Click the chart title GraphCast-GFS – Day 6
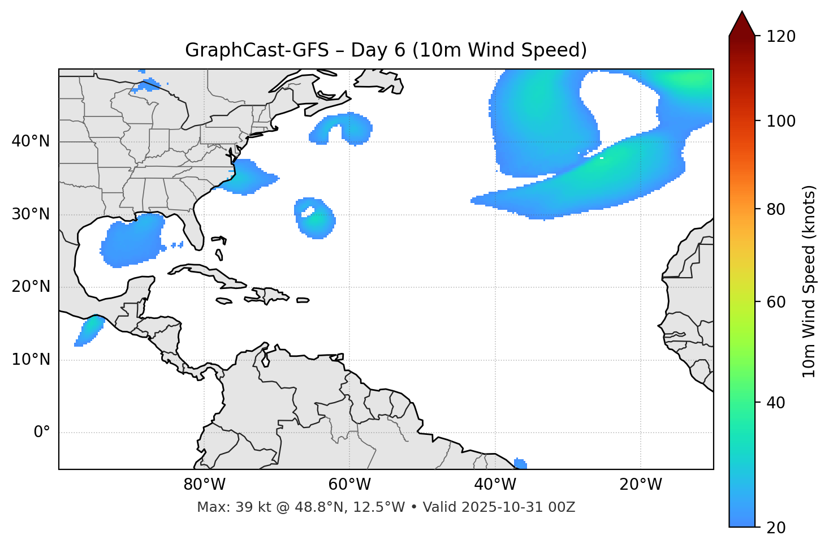(x=386, y=50)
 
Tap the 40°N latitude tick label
(x=31, y=141)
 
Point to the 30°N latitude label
(x=31, y=214)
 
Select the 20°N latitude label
(x=31, y=287)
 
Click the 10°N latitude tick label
(x=31, y=360)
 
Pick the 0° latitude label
(x=41, y=433)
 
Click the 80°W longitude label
(x=204, y=485)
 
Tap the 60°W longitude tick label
(x=349, y=485)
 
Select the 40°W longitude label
(x=495, y=485)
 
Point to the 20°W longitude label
(x=640, y=485)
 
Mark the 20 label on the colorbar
(x=776, y=528)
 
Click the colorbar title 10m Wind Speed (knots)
(x=809, y=281)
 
